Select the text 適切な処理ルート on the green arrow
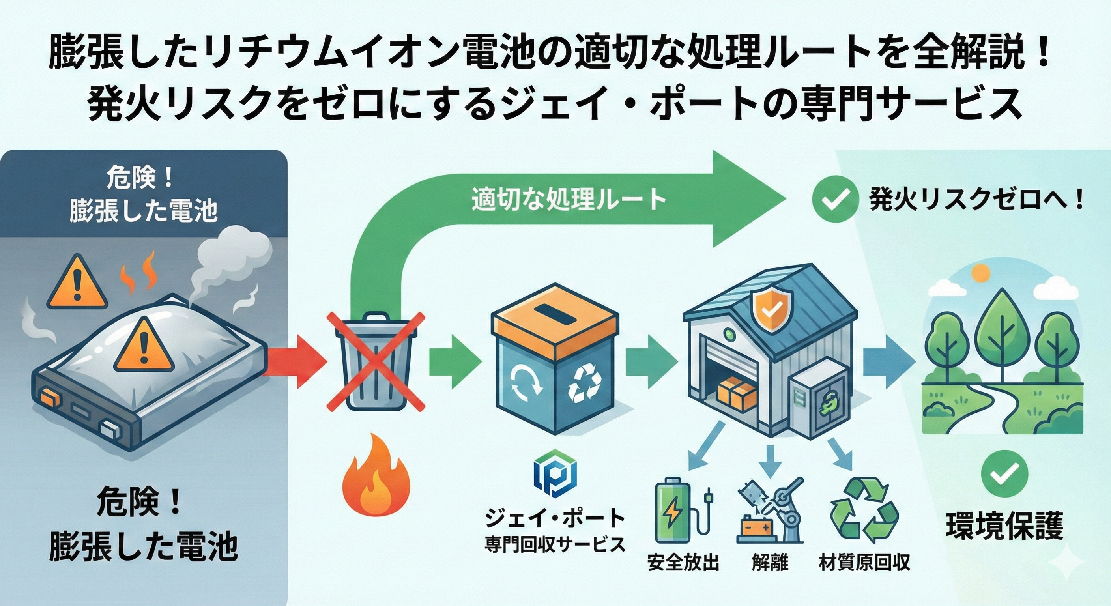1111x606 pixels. point(569,200)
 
